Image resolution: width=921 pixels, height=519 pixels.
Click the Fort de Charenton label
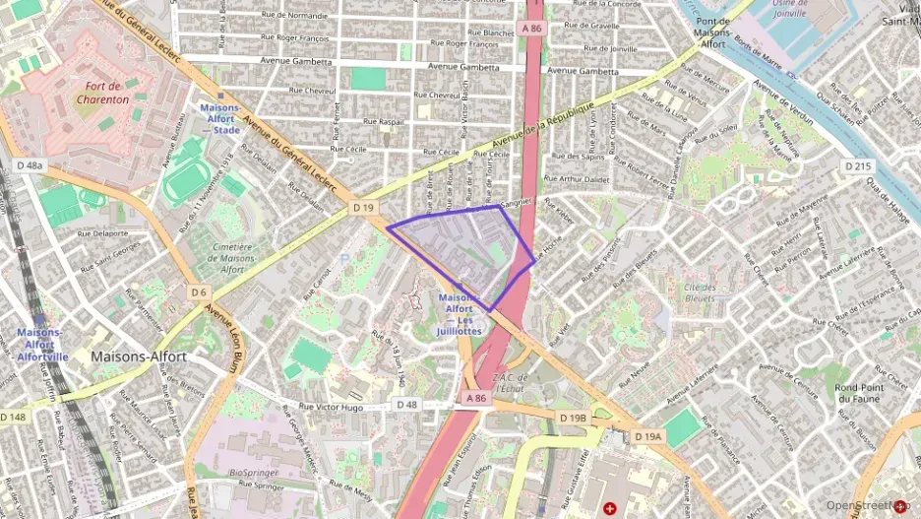point(103,93)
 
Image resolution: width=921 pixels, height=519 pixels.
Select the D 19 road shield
point(363,208)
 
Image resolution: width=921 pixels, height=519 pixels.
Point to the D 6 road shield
point(199,292)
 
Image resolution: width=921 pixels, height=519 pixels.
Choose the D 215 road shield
point(857,166)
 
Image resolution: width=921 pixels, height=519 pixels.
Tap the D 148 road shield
point(14,417)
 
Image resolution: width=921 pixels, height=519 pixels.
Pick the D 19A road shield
point(648,435)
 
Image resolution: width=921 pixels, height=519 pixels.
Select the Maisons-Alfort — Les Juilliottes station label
point(460,314)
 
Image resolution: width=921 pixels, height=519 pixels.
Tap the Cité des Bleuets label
point(700,292)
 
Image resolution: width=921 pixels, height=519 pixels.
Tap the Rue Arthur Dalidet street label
point(578,179)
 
